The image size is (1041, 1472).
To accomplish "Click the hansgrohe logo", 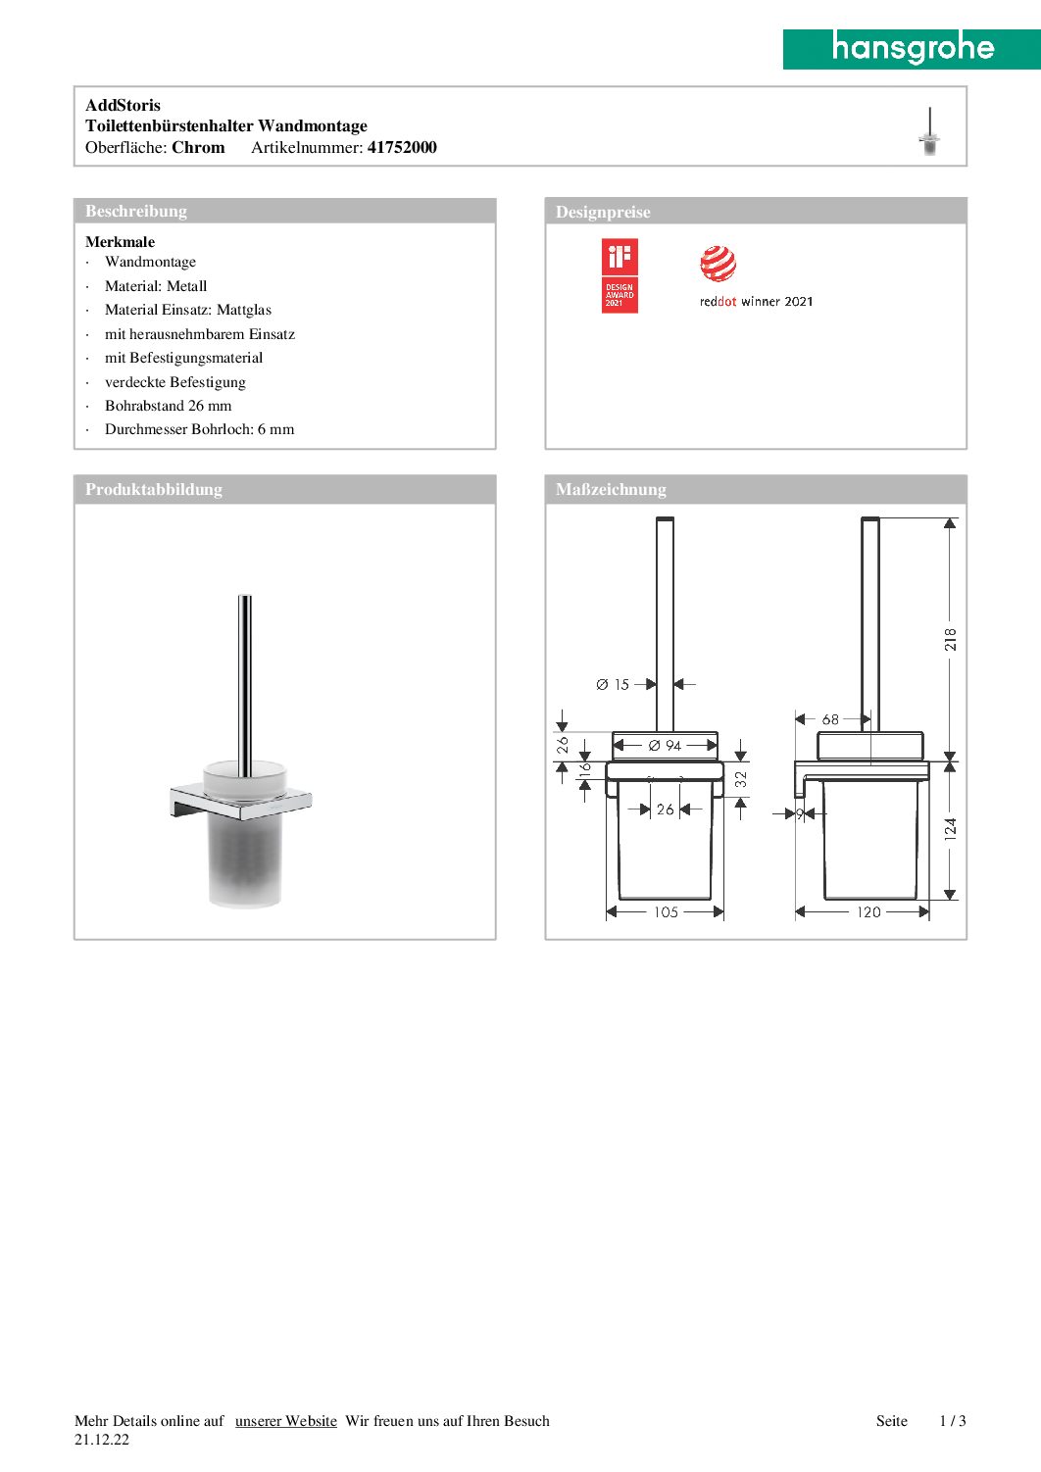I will [x=912, y=48].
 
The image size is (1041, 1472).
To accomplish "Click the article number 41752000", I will [x=402, y=148].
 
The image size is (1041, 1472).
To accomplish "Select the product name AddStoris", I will [x=123, y=105].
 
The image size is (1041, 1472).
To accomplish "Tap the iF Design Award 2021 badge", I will [x=620, y=275].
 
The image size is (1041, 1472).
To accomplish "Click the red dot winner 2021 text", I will [x=756, y=302].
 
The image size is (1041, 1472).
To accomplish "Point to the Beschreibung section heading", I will [x=136, y=211].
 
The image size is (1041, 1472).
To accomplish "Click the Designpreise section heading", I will [x=603, y=212].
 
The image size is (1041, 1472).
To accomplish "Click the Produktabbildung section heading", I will [x=154, y=489].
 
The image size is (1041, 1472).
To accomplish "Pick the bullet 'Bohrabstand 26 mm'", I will [x=169, y=406].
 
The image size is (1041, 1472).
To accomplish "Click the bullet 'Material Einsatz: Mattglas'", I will [x=188, y=310].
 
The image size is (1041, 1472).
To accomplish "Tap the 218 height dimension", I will [x=950, y=640].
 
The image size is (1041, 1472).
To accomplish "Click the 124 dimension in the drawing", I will [x=950, y=829].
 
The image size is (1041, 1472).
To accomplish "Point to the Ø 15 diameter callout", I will [x=614, y=685].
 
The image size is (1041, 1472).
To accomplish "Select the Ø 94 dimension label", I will [x=665, y=746].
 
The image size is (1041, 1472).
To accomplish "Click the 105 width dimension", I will [x=666, y=912].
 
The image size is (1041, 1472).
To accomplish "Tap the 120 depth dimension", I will [x=868, y=912].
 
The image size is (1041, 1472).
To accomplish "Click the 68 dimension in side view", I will [x=830, y=719].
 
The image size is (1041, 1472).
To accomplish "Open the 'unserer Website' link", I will [x=286, y=1421].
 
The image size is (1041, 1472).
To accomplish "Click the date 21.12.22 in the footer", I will [x=102, y=1440].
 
